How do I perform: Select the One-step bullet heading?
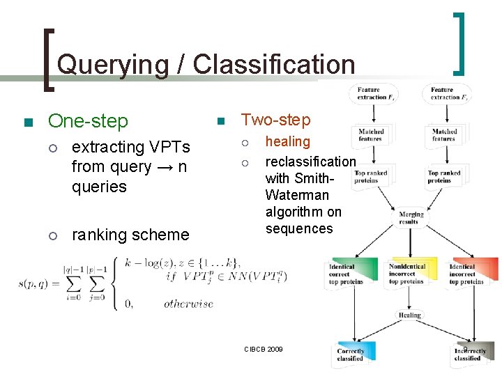pyautogui.click(x=88, y=121)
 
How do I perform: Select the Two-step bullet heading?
pyautogui.click(x=275, y=120)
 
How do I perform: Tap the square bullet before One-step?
pyautogui.click(x=28, y=123)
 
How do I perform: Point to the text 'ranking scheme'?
pyautogui.click(x=130, y=235)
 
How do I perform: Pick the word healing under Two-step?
pyautogui.click(x=287, y=141)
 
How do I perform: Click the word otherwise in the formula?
pyautogui.click(x=188, y=304)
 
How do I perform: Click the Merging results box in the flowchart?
pyautogui.click(x=411, y=219)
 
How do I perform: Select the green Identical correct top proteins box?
pyautogui.click(x=350, y=273)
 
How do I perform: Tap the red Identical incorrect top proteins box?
pyautogui.click(x=472, y=273)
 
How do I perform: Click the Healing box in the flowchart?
pyautogui.click(x=410, y=315)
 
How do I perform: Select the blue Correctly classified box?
pyautogui.click(x=350, y=354)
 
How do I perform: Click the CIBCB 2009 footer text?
pyautogui.click(x=263, y=348)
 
